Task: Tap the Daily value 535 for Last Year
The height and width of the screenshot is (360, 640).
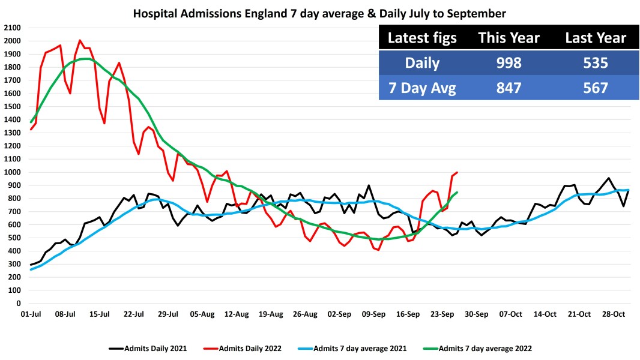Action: (x=595, y=63)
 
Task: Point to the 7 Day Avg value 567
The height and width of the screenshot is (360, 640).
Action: (x=595, y=88)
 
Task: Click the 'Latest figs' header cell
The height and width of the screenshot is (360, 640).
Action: (x=422, y=38)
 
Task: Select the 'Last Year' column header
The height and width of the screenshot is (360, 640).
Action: (x=595, y=38)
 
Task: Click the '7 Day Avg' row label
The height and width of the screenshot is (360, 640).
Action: (x=422, y=88)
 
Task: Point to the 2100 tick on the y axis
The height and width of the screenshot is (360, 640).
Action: (x=12, y=28)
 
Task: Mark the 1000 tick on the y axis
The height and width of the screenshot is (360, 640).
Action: (x=12, y=173)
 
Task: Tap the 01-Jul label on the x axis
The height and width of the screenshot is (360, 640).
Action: (x=31, y=314)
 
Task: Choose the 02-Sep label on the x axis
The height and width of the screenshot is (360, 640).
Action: (x=340, y=314)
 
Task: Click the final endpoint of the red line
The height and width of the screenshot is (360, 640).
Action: (x=457, y=173)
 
